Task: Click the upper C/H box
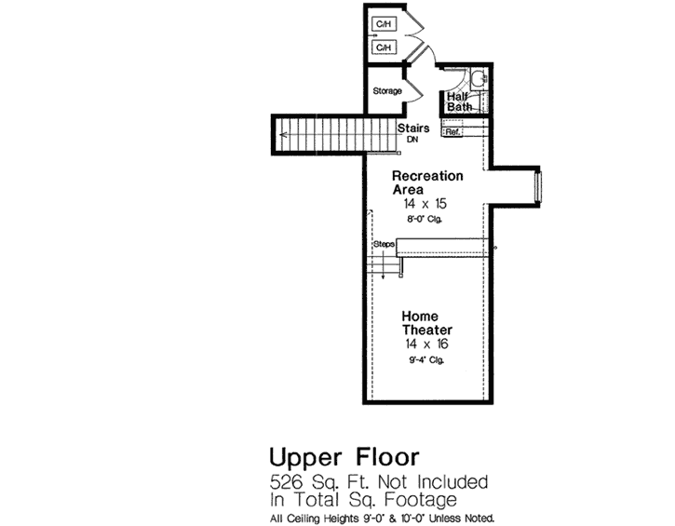[x=384, y=23]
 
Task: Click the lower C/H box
[x=384, y=47]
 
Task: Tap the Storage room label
[x=387, y=91]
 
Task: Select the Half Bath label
[x=458, y=101]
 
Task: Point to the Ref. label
[x=453, y=132]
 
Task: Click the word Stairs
[x=412, y=128]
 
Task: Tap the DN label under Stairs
[x=412, y=140]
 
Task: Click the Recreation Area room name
[x=427, y=182]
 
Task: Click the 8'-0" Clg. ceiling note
[x=423, y=219]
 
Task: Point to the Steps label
[x=384, y=244]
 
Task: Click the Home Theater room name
[x=427, y=323]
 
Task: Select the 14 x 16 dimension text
[x=426, y=344]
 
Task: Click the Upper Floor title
[x=344, y=458]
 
